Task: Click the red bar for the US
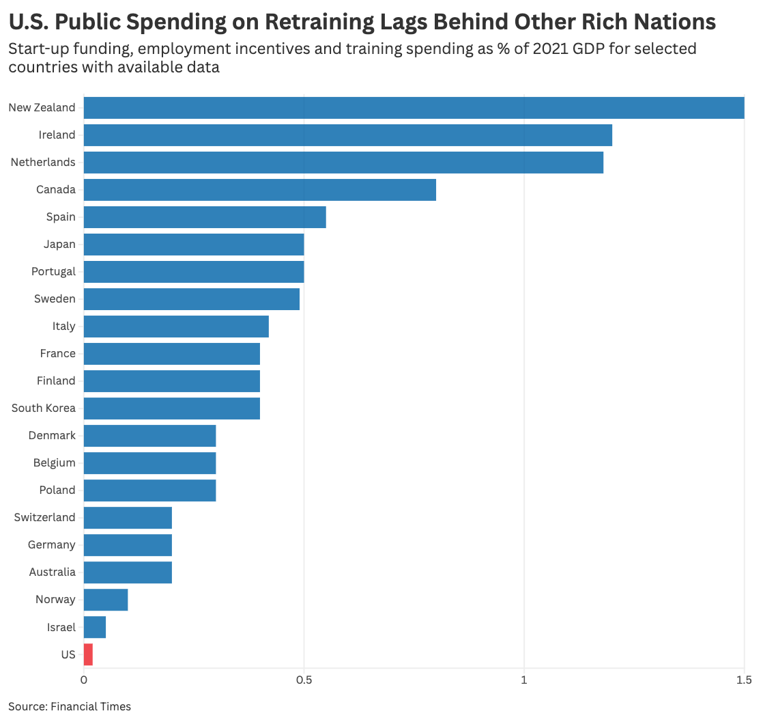click(88, 654)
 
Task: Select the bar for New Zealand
click(414, 108)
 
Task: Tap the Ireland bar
click(347, 135)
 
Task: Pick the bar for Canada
click(259, 190)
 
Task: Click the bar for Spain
click(205, 217)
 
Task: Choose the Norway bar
click(106, 600)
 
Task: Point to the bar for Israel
click(95, 627)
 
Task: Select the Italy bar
click(176, 327)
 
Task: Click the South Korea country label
click(44, 408)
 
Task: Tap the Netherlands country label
click(43, 163)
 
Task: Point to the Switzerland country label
click(45, 518)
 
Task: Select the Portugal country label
click(53, 272)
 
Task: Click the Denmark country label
click(52, 436)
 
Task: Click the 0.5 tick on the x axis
click(304, 680)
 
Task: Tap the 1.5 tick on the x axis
click(744, 680)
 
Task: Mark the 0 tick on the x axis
click(84, 680)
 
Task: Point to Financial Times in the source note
click(91, 706)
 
